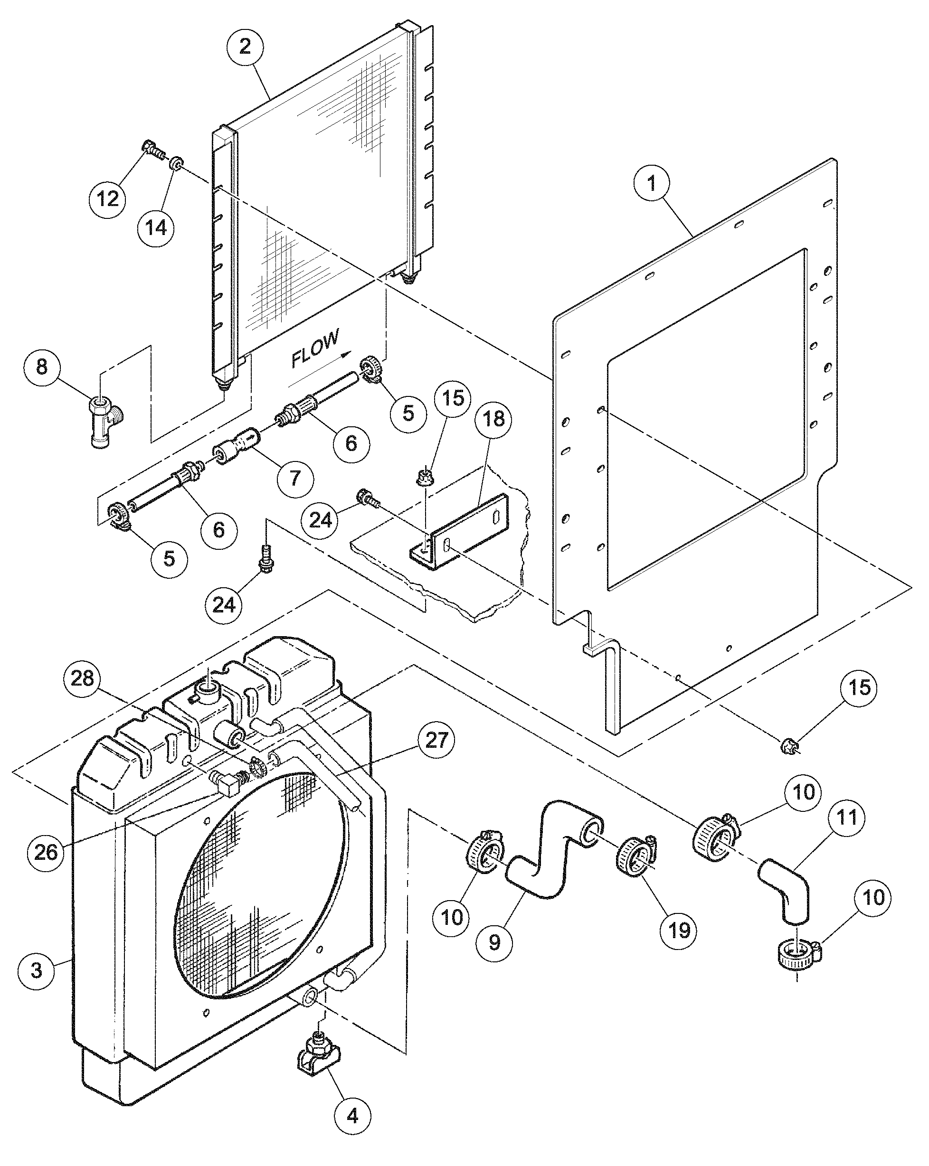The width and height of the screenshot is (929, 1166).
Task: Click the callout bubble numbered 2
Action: pos(245,47)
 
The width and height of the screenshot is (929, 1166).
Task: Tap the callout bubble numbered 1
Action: pos(652,184)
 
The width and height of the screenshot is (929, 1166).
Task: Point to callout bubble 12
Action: pos(108,198)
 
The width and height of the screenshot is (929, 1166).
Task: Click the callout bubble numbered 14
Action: pos(156,228)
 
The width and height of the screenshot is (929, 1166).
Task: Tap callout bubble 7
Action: pos(295,478)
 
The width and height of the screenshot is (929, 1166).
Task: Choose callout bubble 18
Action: pos(493,419)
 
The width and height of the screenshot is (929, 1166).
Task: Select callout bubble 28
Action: pos(82,678)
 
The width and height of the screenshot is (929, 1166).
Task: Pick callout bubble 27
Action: pos(436,739)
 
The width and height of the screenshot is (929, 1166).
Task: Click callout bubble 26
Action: pos(46,852)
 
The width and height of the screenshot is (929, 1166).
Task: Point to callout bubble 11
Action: pos(847,817)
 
